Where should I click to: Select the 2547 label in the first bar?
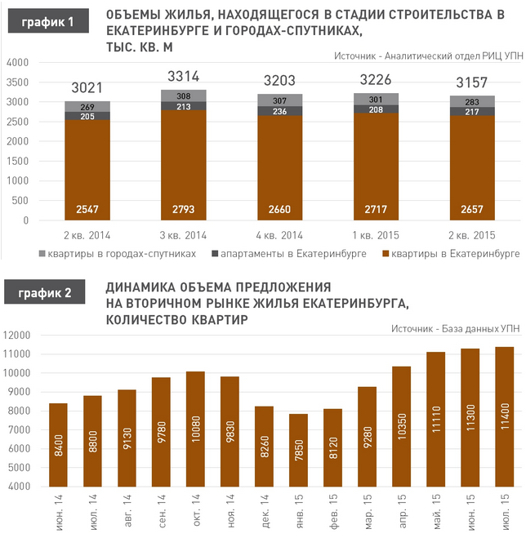pyautogui.click(x=87, y=210)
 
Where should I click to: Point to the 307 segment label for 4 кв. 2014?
pyautogui.click(x=280, y=100)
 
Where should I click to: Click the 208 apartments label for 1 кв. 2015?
pyautogui.click(x=377, y=109)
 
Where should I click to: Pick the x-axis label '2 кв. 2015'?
pyautogui.click(x=473, y=236)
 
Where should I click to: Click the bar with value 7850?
pyautogui.click(x=299, y=450)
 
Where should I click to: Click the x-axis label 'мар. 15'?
pyautogui.click(x=368, y=510)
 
